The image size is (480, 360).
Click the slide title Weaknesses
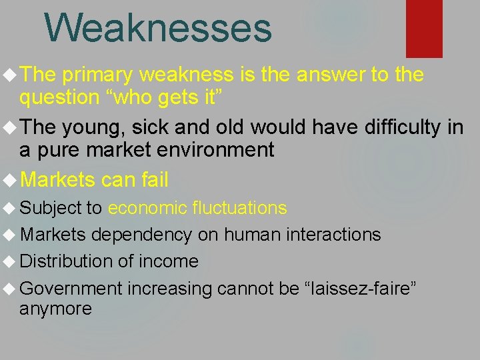158,28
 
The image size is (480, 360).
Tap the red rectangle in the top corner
424,28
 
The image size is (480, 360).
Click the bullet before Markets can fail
10,179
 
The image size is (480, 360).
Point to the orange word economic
147,208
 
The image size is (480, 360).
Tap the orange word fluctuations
239,208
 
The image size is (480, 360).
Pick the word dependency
141,235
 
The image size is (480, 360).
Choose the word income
168,261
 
